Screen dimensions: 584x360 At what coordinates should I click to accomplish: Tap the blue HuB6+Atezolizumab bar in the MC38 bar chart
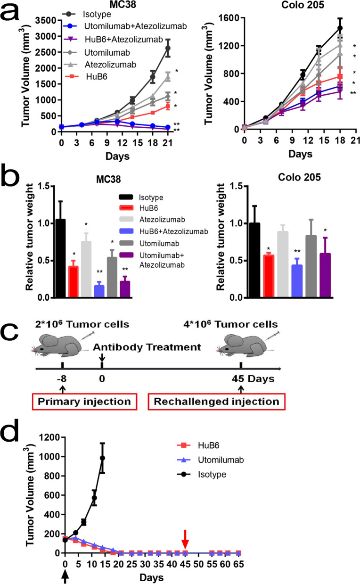(x=99, y=291)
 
